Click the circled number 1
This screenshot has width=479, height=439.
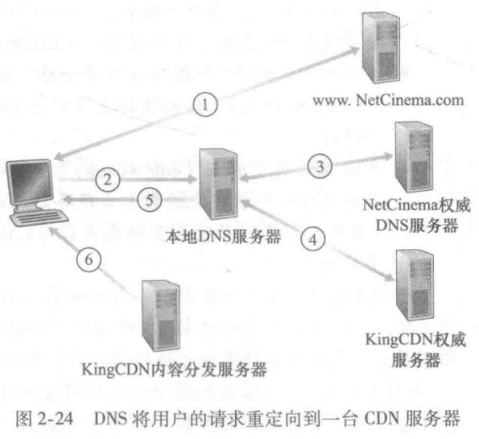click(205, 104)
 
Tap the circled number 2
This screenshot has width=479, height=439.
click(108, 180)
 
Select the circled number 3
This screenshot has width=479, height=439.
click(320, 166)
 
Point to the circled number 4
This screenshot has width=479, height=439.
click(313, 239)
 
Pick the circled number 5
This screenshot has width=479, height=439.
click(150, 201)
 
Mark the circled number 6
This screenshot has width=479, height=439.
click(89, 259)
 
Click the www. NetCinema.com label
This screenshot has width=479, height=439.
click(388, 100)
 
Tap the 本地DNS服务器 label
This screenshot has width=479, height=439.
click(223, 236)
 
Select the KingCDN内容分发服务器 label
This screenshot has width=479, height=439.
click(174, 369)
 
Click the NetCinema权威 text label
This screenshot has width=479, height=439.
click(417, 205)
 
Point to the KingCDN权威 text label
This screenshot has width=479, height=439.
click(415, 340)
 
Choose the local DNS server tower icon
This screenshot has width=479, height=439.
click(218, 184)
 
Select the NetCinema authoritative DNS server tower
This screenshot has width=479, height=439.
click(414, 156)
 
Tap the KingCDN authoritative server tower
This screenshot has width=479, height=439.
click(415, 285)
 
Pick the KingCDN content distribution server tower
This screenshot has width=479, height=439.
click(161, 316)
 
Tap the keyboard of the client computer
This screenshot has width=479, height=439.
click(39, 217)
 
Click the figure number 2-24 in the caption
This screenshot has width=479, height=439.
click(55, 419)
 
